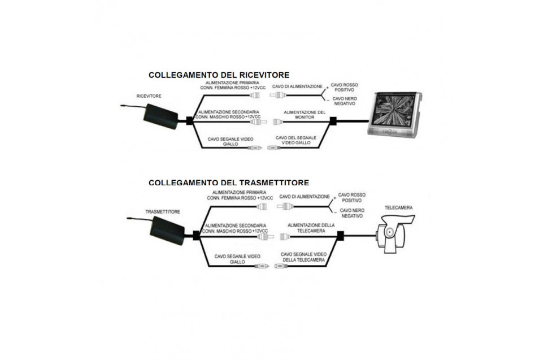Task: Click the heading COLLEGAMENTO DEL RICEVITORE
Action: (x=219, y=75)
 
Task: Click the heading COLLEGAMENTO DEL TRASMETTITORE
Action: (x=229, y=183)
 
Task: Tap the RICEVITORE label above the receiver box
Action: (x=149, y=96)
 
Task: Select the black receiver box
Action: (x=161, y=116)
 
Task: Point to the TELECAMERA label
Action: (x=398, y=207)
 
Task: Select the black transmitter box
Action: (x=167, y=231)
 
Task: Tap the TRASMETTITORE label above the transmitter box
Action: (x=163, y=212)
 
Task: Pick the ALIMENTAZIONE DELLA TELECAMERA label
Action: (x=311, y=228)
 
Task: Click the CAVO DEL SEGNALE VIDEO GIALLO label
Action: (x=295, y=140)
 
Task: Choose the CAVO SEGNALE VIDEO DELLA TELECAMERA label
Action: (x=303, y=257)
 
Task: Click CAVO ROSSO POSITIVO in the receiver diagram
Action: (x=344, y=88)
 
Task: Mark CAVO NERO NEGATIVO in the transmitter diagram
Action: (x=352, y=213)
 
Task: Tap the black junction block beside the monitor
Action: (x=333, y=122)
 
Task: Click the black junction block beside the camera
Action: (x=341, y=236)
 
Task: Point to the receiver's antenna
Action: (x=133, y=106)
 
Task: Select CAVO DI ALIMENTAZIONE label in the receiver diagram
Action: (x=297, y=86)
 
